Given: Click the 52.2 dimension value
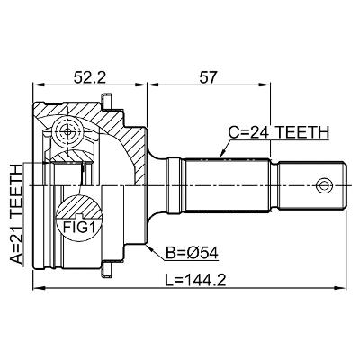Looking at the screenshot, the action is [x=90, y=78].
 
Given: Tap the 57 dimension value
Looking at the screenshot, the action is [x=208, y=78].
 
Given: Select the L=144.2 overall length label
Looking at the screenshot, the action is [x=195, y=281].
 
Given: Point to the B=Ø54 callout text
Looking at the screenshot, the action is [x=193, y=254].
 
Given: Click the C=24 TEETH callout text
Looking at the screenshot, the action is [x=279, y=132].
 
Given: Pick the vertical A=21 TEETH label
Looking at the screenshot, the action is [x=16, y=214].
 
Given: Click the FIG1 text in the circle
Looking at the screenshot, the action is [x=78, y=227].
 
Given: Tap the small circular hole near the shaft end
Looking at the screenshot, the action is [x=324, y=185].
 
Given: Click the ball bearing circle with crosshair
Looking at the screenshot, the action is [x=67, y=131].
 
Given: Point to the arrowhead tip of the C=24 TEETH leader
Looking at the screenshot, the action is [x=220, y=157].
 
